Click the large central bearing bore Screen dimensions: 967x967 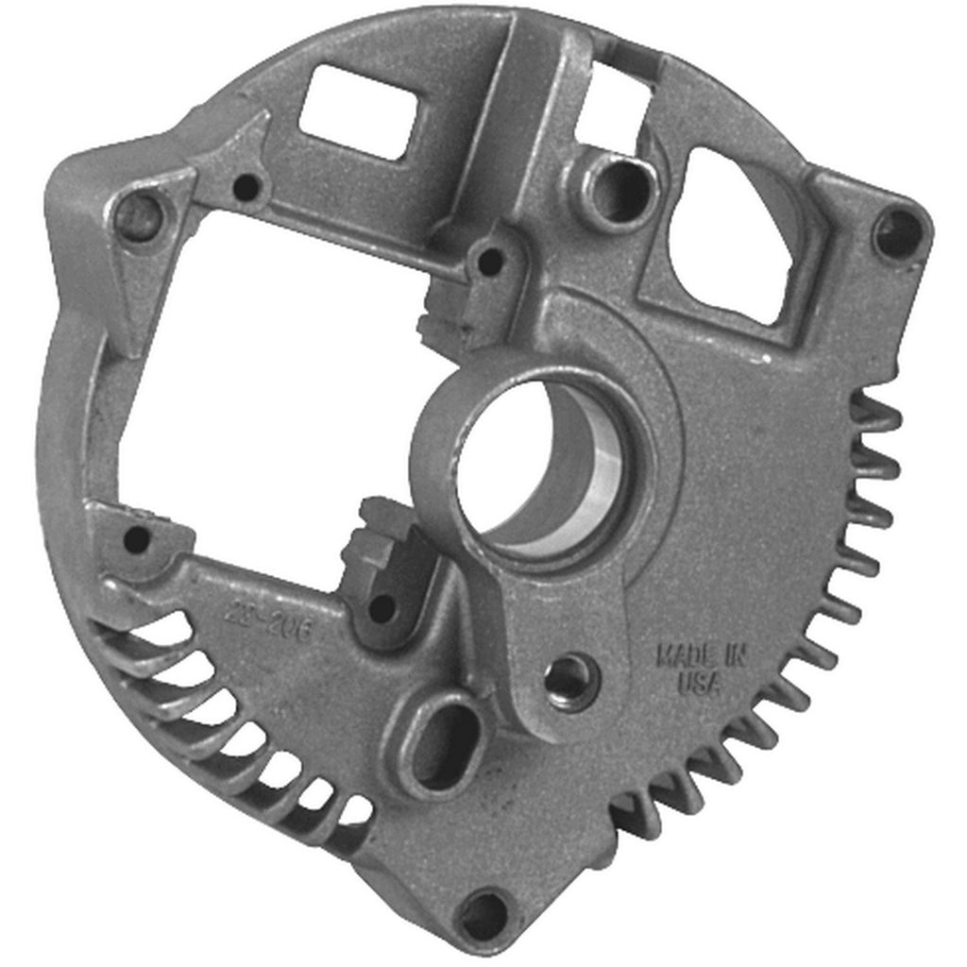click(534, 465)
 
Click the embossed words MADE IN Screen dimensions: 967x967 click(700, 654)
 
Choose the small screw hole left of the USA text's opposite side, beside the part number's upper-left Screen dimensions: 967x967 click(137, 538)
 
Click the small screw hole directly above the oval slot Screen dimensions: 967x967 click(382, 607)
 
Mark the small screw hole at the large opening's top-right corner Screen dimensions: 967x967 click(490, 261)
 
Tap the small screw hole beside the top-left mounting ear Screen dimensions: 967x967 click(247, 187)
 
